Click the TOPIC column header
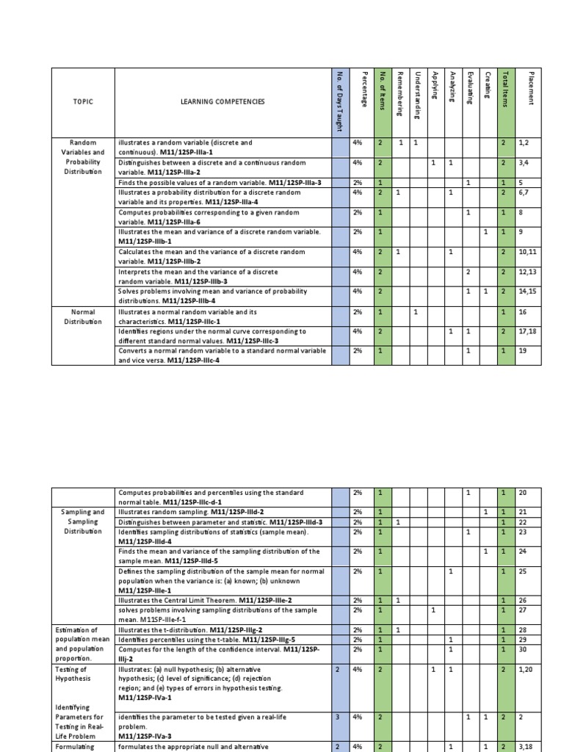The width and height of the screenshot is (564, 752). click(82, 101)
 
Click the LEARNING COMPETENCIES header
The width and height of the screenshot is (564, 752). click(223, 101)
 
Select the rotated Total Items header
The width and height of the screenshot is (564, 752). click(504, 88)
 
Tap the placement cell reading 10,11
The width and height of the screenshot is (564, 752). click(529, 251)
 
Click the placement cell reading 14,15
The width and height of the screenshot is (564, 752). click(529, 292)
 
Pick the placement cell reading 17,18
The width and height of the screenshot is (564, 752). click(529, 331)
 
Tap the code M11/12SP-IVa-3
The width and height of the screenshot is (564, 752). click(148, 735)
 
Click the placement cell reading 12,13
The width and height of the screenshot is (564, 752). click(529, 272)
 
